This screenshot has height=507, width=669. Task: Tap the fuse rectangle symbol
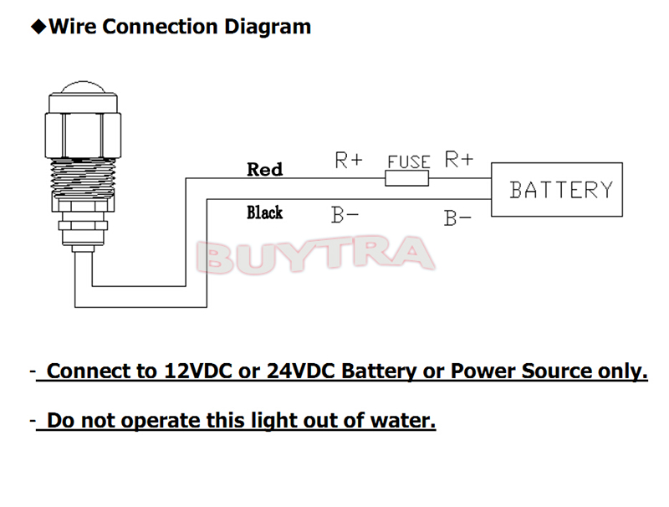(x=407, y=178)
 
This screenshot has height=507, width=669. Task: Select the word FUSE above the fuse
(x=408, y=161)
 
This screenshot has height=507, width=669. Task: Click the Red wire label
(x=265, y=169)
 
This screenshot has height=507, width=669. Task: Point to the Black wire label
(x=264, y=213)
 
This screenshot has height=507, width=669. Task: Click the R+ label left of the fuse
(x=349, y=160)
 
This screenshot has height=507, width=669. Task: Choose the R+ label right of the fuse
(x=458, y=159)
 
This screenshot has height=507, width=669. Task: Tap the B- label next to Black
(x=345, y=215)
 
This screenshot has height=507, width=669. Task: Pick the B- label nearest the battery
(x=457, y=218)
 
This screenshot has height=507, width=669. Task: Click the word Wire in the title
(x=71, y=27)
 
